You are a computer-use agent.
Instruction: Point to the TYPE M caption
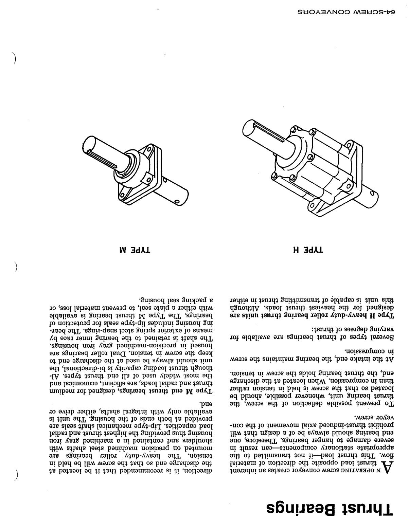132,250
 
